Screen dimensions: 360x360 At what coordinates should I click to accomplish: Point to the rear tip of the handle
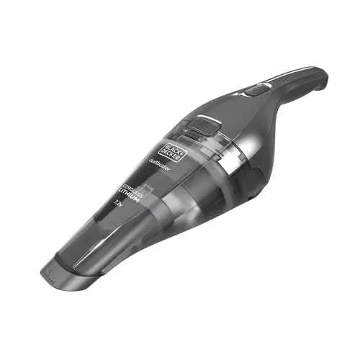click(x=322, y=78)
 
